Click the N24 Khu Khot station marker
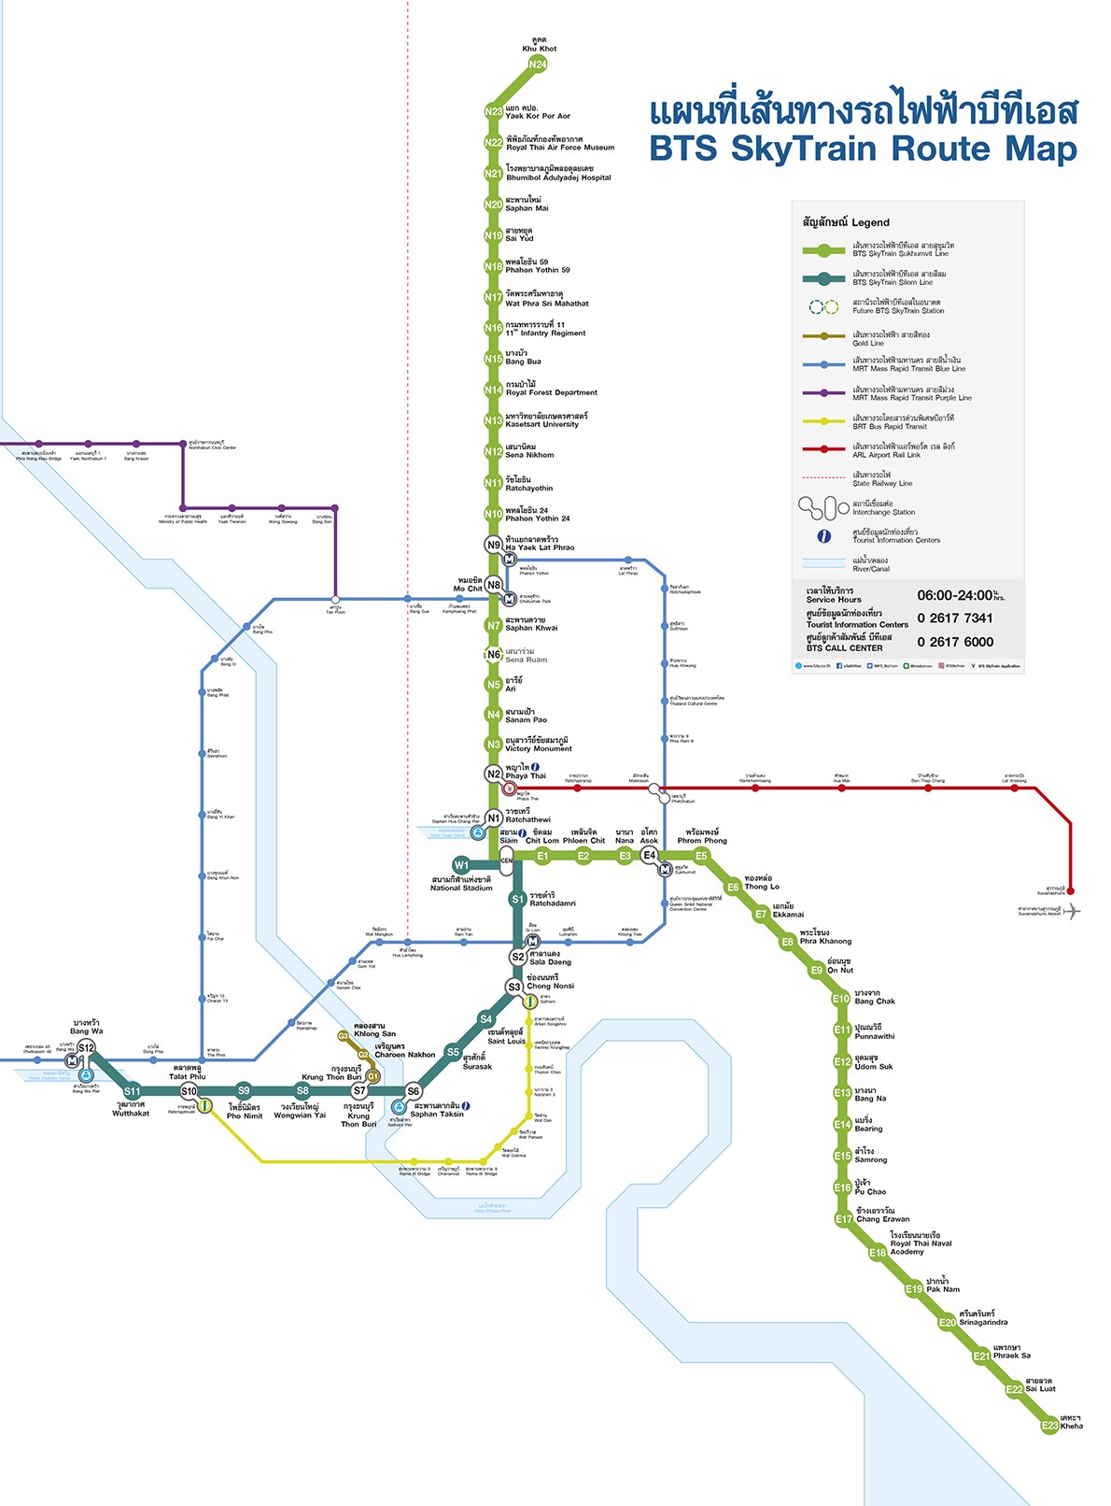pyautogui.click(x=537, y=64)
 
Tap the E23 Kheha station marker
pyautogui.click(x=1050, y=1425)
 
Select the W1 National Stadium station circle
pyautogui.click(x=461, y=865)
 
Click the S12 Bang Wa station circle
pyautogui.click(x=86, y=1048)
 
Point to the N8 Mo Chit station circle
pyautogui.click(x=494, y=585)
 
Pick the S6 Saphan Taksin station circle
pyautogui.click(x=413, y=1091)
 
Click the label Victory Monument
pyautogui.click(x=539, y=748)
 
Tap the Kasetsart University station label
pyautogui.click(x=542, y=424)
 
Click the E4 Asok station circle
pyautogui.click(x=649, y=856)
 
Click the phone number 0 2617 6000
pyautogui.click(x=955, y=642)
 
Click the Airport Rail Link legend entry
pyautogui.click(x=886, y=450)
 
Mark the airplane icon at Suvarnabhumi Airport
pyautogui.click(x=1074, y=911)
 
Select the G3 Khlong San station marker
pyautogui.click(x=343, y=1036)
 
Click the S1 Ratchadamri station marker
pyautogui.click(x=517, y=900)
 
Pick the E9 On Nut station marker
pyautogui.click(x=816, y=971)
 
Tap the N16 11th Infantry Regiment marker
pyautogui.click(x=493, y=328)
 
